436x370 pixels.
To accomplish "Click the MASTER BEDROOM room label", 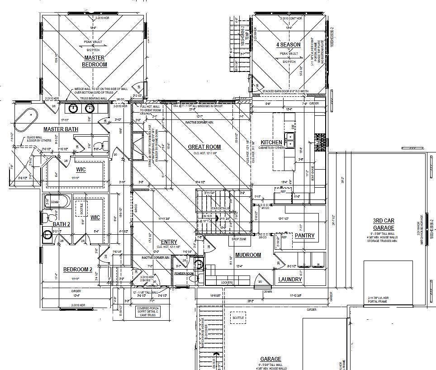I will [x=94, y=61].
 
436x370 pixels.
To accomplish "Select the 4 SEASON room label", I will [x=288, y=45].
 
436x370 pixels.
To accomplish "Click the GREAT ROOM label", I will [x=204, y=147].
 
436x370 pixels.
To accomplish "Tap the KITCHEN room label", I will [x=271, y=142].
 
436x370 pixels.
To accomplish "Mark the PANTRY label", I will [x=305, y=236].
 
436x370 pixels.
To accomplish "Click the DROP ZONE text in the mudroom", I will [x=238, y=238].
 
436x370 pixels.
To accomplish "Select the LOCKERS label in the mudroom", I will [x=227, y=282].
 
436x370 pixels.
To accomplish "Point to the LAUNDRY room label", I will [x=290, y=280].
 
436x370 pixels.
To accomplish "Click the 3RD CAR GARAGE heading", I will [x=383, y=224].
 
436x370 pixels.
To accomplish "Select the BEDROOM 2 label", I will [x=77, y=270].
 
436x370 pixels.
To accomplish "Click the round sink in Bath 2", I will [x=48, y=234].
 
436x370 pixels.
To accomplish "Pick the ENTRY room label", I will [x=169, y=242].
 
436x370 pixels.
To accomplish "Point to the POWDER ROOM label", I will [x=184, y=273].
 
